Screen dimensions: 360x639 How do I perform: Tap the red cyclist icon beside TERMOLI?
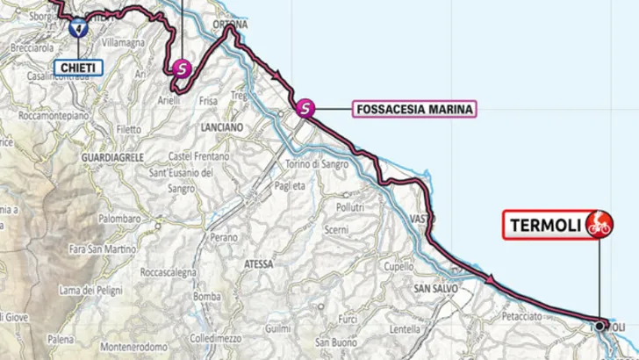[x=600, y=224]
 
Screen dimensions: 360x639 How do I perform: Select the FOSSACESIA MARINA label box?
[x=414, y=110]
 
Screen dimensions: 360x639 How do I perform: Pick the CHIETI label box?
[x=76, y=68]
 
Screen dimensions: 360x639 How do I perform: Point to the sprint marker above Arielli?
[x=182, y=67]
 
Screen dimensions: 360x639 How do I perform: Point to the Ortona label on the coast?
[x=227, y=24]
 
